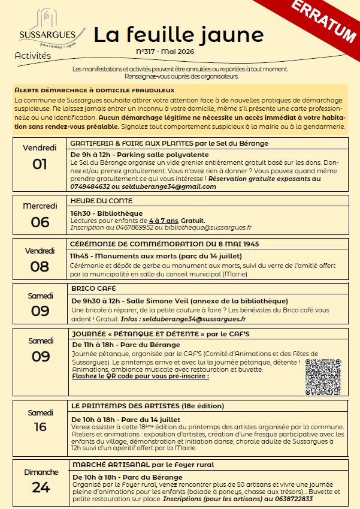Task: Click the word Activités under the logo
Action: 33,56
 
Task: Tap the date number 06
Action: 40,222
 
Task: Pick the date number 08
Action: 40,266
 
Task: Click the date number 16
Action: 40,427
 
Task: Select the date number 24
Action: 41,487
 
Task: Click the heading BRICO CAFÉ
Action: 90,288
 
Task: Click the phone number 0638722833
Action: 291,499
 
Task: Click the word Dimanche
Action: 41,472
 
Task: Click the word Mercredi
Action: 40,206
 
